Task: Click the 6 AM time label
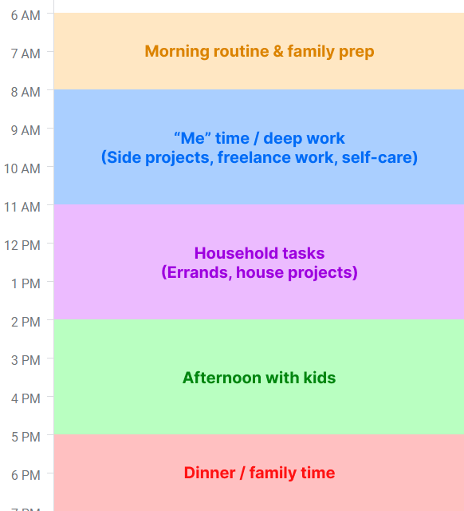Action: [x=26, y=15]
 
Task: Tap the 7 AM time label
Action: [x=26, y=53]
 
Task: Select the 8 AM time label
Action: [x=26, y=92]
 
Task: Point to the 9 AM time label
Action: [x=26, y=130]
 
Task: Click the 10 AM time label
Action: [x=22, y=168]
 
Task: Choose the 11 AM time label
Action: [x=22, y=207]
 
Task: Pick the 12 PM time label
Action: [x=22, y=245]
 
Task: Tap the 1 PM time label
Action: [x=26, y=283]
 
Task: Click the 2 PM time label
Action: [x=26, y=322]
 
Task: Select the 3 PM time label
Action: [x=26, y=360]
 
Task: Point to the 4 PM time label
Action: [x=26, y=398]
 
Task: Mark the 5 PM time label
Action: [x=26, y=437]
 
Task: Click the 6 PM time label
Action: [x=26, y=475]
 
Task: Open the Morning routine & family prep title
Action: [x=259, y=51]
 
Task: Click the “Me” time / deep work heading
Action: [x=259, y=138]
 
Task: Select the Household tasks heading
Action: [x=259, y=253]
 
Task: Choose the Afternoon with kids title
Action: [x=259, y=378]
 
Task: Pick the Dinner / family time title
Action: [x=259, y=473]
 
